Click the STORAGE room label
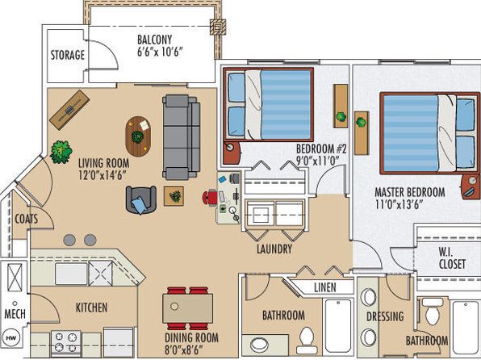point(68,55)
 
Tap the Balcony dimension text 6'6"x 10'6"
point(160,52)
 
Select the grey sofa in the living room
point(182,137)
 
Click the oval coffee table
point(138,136)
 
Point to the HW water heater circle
point(13,338)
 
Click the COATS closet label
point(27,219)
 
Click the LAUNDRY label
point(274,249)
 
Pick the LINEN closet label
point(325,287)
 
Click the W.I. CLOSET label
point(452,258)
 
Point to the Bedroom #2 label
point(321,149)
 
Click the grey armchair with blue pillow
point(141,199)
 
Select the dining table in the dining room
point(188,308)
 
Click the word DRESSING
point(385,316)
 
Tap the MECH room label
point(15,314)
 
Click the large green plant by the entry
point(61,152)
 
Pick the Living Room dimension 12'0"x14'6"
point(102,175)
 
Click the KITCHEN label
point(91,308)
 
